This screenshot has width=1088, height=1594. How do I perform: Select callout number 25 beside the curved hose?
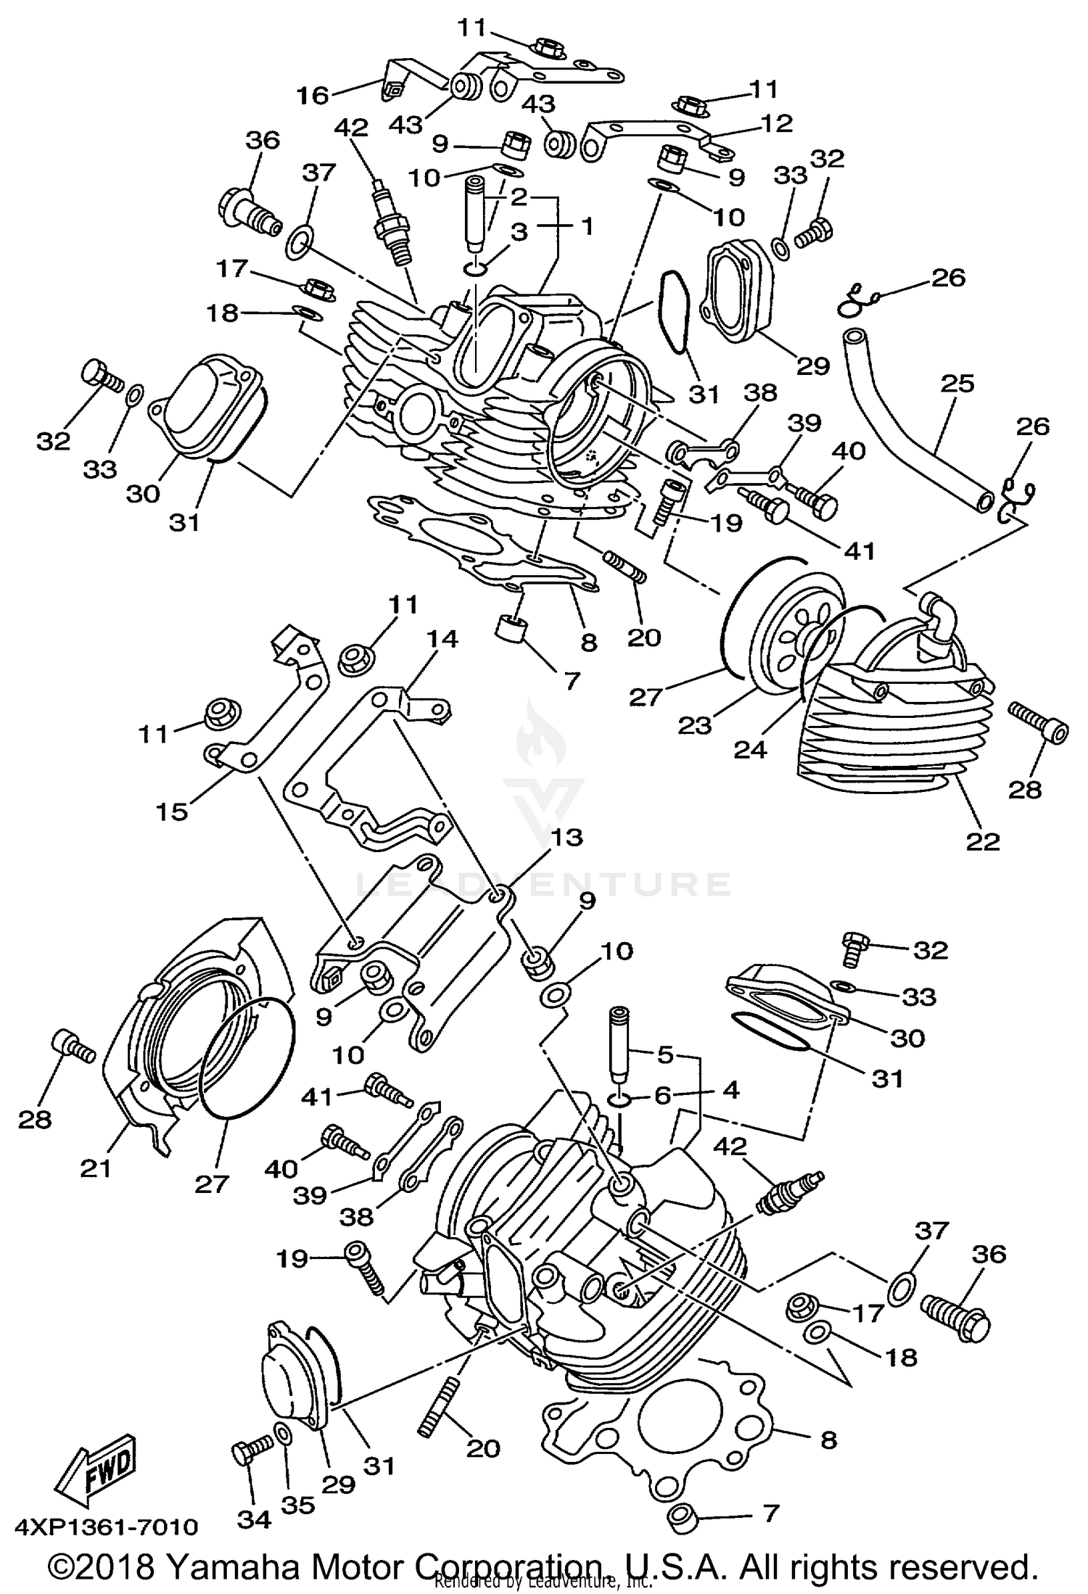click(957, 384)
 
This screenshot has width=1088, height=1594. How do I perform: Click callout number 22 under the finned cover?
click(982, 841)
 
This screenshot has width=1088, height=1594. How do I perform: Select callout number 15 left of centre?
click(171, 811)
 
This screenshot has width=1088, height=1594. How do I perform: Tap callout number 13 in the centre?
click(566, 837)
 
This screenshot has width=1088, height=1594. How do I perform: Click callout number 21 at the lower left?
click(96, 1168)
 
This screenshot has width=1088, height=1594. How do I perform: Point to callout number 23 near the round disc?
click(695, 724)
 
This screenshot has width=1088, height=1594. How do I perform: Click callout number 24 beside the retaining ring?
click(749, 749)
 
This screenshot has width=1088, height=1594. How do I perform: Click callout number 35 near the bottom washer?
click(298, 1505)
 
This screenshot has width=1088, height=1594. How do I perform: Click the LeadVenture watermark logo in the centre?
click(544, 769)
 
